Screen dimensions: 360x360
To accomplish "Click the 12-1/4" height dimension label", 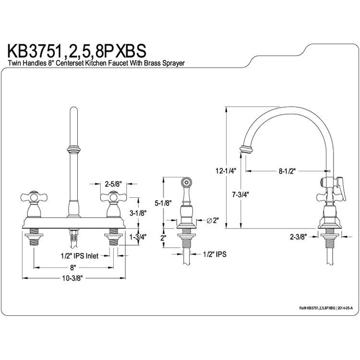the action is click(226, 171).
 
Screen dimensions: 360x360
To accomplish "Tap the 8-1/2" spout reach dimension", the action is click(287, 171).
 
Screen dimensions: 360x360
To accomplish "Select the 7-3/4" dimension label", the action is click(240, 195).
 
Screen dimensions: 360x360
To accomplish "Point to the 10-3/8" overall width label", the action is click(72, 278).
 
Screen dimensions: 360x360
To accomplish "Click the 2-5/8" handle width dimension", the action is click(113, 184).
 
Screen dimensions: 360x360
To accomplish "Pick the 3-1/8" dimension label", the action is click(138, 213).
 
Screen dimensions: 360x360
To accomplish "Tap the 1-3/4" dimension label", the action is click(138, 237).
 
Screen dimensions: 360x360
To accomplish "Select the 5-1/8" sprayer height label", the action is click(163, 203).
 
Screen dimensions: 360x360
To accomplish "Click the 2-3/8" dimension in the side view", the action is click(299, 237).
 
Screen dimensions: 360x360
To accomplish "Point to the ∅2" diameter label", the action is click(212, 221).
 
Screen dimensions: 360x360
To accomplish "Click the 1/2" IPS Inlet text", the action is click(79, 255).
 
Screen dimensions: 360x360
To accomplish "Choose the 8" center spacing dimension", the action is click(73, 267).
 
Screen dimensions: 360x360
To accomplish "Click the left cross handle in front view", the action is click(34, 197).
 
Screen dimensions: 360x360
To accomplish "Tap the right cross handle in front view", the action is click(113, 197).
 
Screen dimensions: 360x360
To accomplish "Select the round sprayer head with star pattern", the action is click(186, 182).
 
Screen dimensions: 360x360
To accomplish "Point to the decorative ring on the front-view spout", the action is click(74, 149).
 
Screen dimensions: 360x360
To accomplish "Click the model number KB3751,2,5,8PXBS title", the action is click(77, 51).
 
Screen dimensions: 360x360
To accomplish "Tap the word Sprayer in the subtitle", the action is click(173, 63).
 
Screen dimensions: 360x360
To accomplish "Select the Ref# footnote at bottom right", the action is click(326, 308).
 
